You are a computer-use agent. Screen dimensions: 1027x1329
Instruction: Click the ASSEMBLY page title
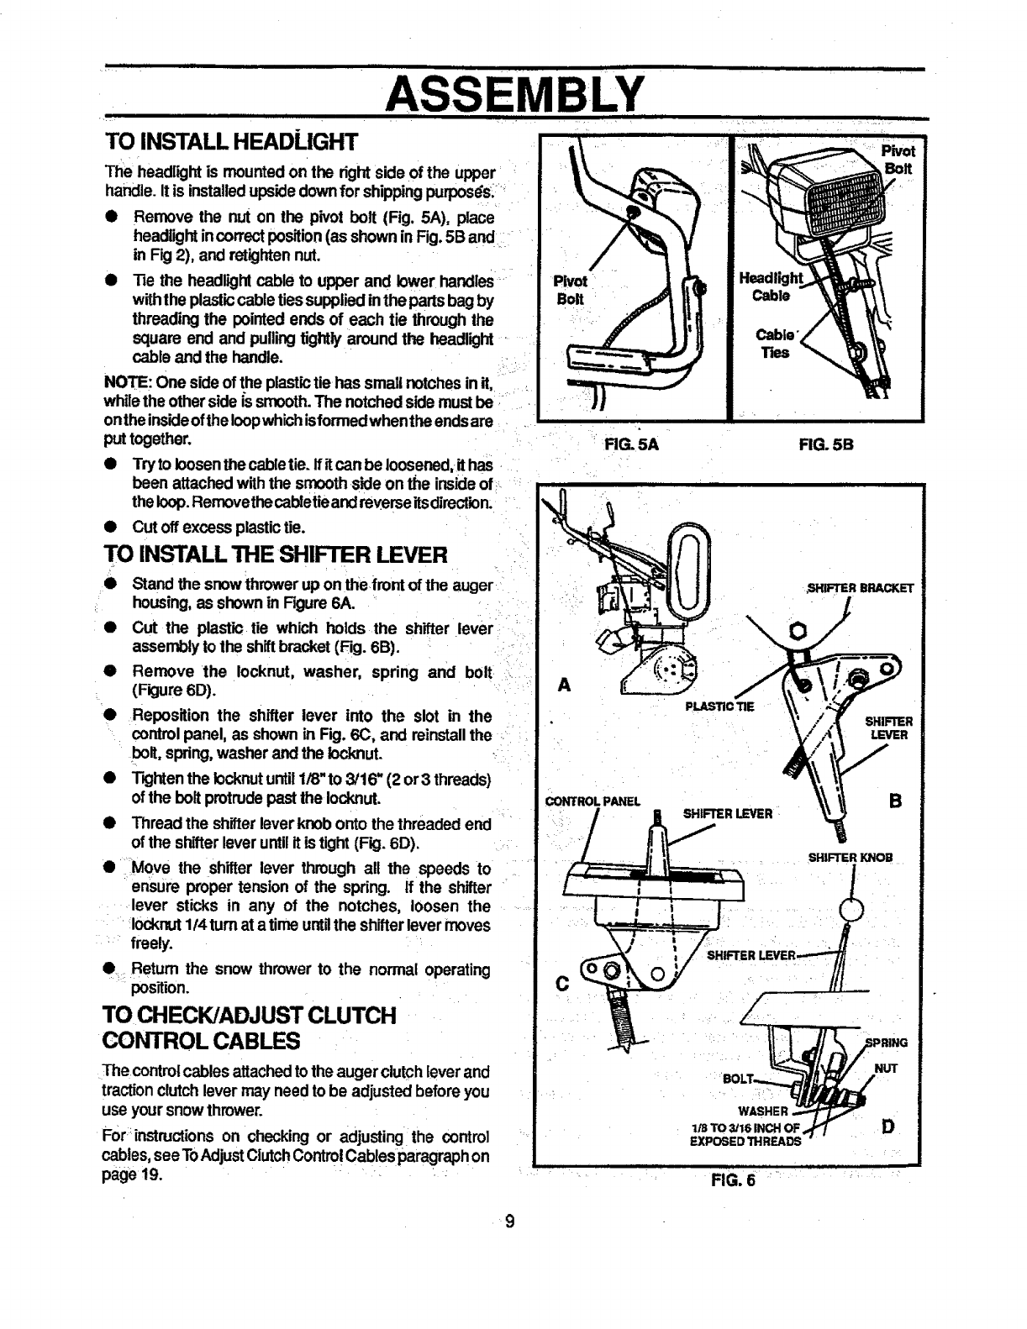click(513, 92)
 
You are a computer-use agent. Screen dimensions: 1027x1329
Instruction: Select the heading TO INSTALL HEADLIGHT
click(231, 139)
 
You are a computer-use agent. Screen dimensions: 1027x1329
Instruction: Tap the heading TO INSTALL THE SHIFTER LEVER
click(276, 554)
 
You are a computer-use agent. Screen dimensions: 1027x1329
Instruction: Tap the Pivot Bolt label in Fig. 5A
click(570, 291)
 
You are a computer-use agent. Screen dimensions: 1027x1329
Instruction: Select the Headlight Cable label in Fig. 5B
click(768, 287)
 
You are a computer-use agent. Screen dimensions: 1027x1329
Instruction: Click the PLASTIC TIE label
click(720, 707)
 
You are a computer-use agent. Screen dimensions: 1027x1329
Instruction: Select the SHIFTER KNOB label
click(850, 858)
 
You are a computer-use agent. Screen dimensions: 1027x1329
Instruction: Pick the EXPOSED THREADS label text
click(745, 1142)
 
